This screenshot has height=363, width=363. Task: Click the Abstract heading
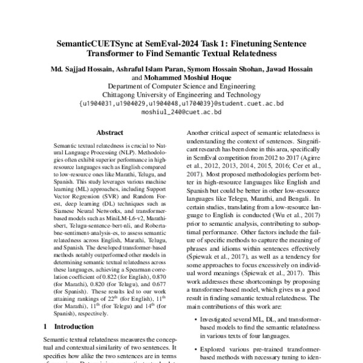(x=111, y=132)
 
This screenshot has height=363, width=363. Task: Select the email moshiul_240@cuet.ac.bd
(x=181, y=112)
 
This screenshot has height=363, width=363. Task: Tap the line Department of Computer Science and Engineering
(x=181, y=87)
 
